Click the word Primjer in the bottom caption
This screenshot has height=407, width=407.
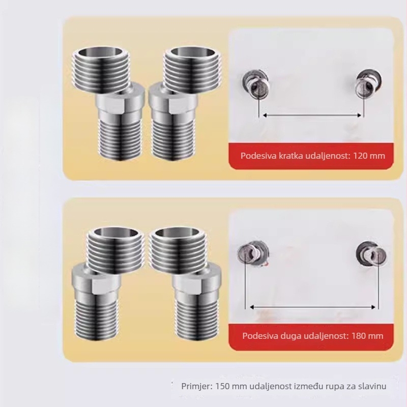point(197,386)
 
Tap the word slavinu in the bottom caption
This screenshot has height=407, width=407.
point(372,386)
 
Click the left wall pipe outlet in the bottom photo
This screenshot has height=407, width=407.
point(249,251)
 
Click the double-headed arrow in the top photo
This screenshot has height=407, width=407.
point(311,115)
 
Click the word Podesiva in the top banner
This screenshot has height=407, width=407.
point(257,156)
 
